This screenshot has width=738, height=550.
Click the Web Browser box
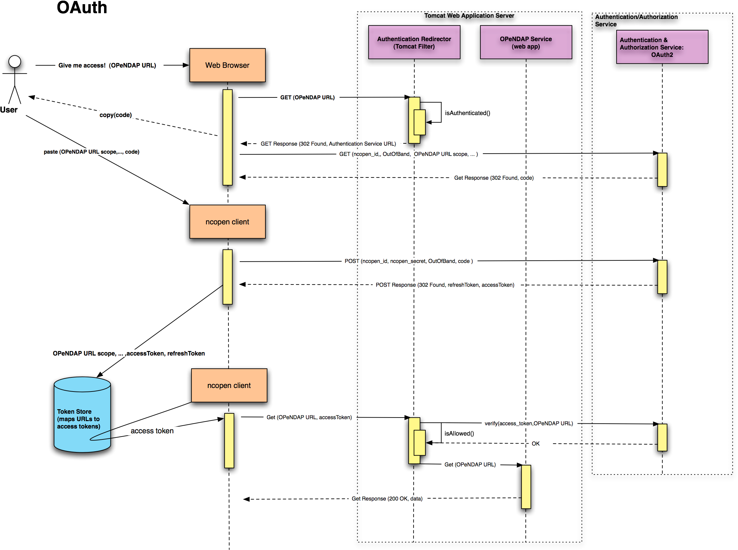pyautogui.click(x=227, y=65)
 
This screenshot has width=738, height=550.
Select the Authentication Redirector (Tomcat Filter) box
pyautogui.click(x=414, y=42)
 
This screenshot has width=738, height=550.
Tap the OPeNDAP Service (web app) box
pyautogui.click(x=526, y=42)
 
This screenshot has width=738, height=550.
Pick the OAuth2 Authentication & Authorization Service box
pyautogui.click(x=662, y=47)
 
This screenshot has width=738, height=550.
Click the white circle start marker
pyautogui.click(x=15, y=62)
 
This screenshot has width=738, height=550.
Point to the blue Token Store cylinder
pyautogui.click(x=82, y=414)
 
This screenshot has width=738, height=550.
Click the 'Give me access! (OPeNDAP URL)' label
pyautogui.click(x=109, y=65)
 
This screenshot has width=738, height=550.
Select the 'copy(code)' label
pyautogui.click(x=116, y=115)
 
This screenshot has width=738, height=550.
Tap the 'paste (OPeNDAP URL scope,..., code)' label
pyautogui.click(x=92, y=152)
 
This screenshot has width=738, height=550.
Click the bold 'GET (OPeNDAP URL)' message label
pyautogui.click(x=308, y=97)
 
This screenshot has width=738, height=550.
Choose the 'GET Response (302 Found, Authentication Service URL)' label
pyautogui.click(x=328, y=144)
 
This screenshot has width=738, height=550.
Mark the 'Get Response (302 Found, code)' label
pyautogui.click(x=496, y=178)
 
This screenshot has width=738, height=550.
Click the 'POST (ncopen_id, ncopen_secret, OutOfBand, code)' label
pyautogui.click(x=409, y=261)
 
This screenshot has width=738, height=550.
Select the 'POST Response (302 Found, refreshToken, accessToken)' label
pyautogui.click(x=445, y=285)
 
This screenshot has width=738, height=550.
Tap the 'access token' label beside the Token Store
pyautogui.click(x=152, y=431)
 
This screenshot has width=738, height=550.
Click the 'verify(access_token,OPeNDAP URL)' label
pyautogui.click(x=529, y=423)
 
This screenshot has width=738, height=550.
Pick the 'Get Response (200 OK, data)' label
pyautogui.click(x=387, y=498)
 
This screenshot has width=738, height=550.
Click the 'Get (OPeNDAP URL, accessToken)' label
pyautogui.click(x=309, y=417)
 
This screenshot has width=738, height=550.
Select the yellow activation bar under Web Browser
pyautogui.click(x=227, y=137)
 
